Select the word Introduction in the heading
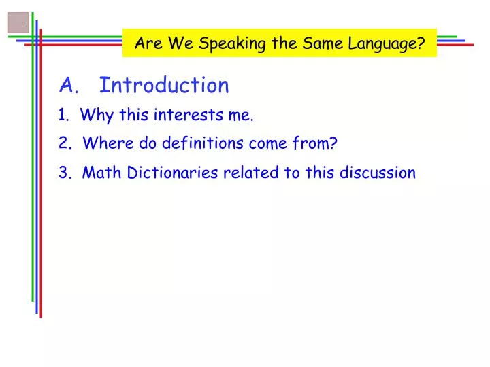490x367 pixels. click(x=164, y=86)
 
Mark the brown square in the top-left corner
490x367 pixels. click(x=18, y=22)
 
